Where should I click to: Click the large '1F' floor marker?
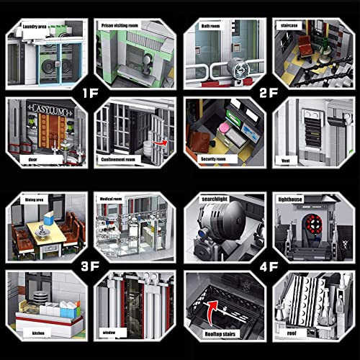pyautogui.click(x=89, y=92)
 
